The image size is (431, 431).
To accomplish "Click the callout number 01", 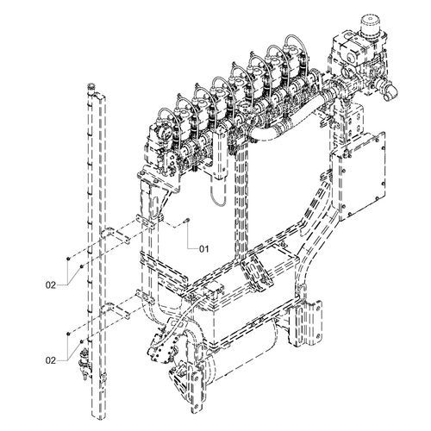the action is pos(203,248).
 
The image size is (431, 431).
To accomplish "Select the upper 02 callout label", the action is pos(51,285).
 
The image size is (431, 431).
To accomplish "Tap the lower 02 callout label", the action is pos(51,360).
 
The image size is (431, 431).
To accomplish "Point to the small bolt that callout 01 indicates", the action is pos(187,220).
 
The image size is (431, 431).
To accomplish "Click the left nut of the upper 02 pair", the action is pos(68,259).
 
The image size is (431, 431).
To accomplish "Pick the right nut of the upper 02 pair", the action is pos(82,267).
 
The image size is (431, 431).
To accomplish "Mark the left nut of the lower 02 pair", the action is pos(68,334).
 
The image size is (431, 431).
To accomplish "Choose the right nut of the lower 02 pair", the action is pos(82,341).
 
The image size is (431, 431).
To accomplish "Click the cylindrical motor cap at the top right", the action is pos(370,25).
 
